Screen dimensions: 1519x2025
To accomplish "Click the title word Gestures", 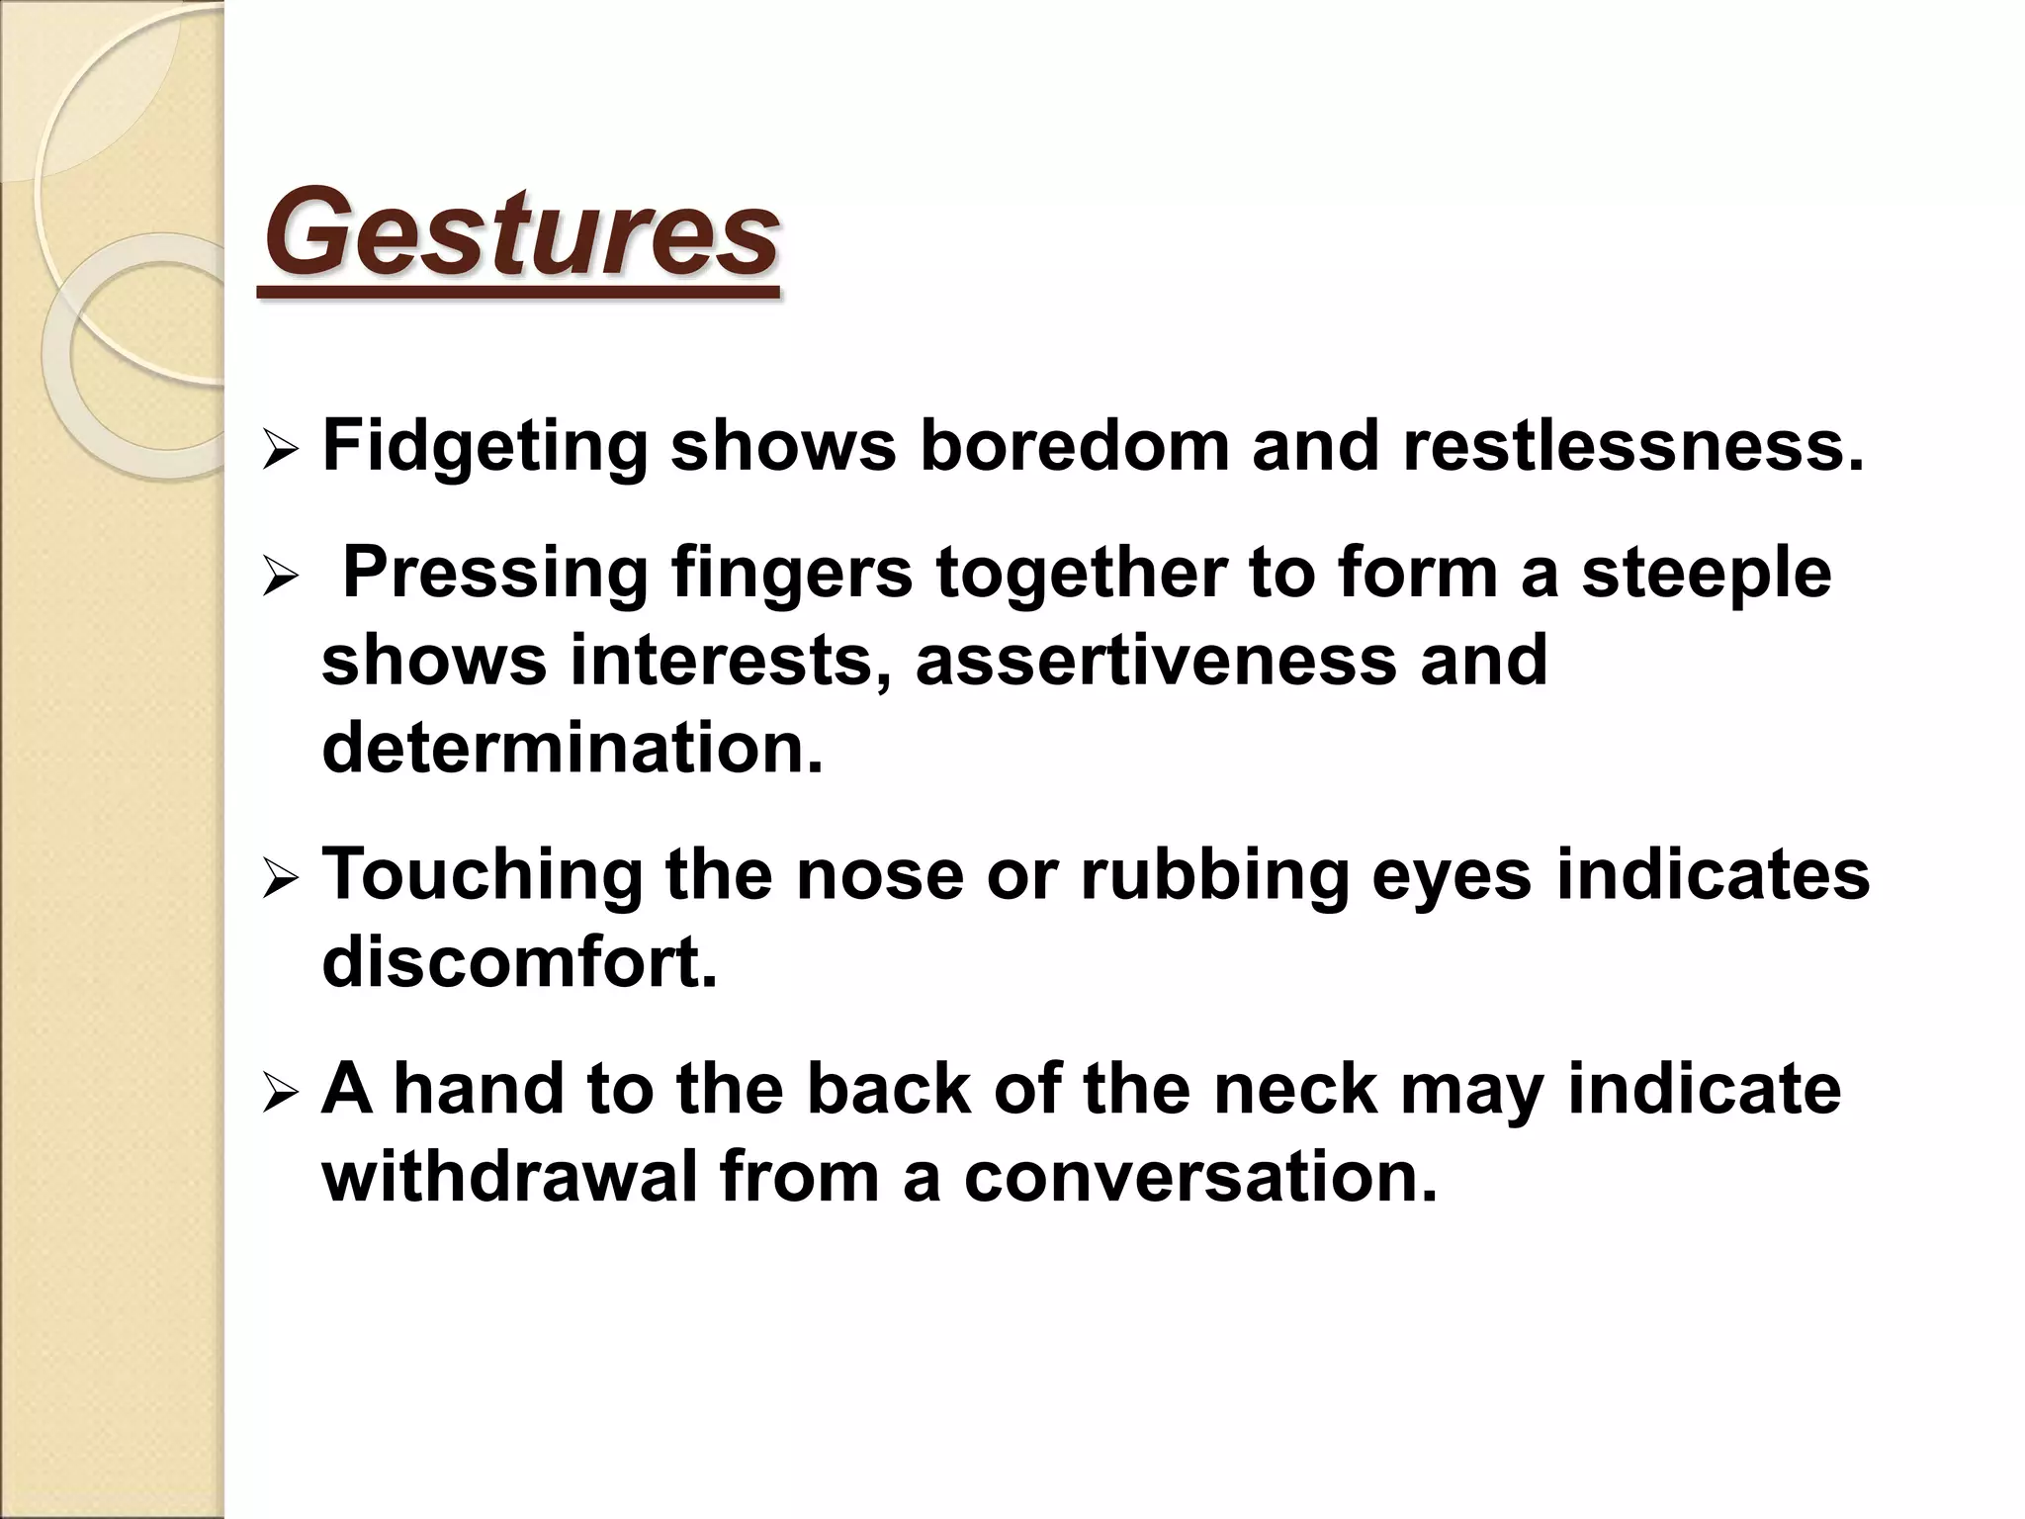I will click(521, 233).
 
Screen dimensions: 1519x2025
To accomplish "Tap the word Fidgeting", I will click(484, 447).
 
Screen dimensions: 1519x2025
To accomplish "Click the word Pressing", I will click(494, 575).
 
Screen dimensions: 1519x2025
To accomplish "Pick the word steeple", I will click(1706, 575).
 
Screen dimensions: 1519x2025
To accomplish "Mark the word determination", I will click(572, 747).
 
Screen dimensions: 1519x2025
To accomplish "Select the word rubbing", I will click(1214, 875).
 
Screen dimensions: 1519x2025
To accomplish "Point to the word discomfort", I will click(519, 961).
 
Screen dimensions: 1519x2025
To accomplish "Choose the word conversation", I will click(1200, 1176).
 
